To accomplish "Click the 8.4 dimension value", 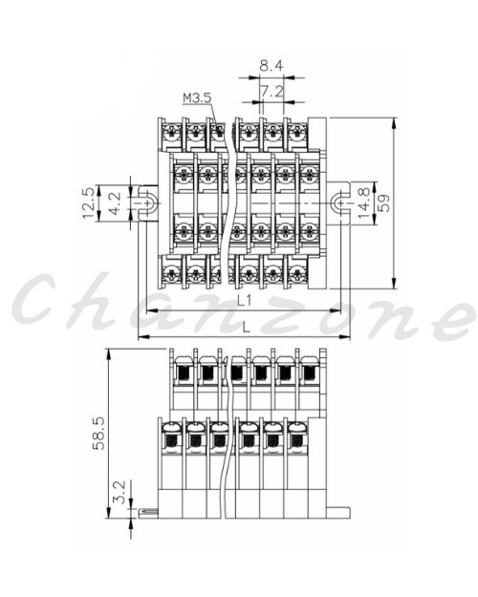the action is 272,66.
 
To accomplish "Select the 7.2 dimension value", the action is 272,92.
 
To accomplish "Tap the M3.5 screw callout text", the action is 197,97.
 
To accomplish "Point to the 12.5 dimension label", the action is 89,203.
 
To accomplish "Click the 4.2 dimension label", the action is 114,203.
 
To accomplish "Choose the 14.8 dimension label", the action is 363,203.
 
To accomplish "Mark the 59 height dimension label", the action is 384,203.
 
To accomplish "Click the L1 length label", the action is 245,301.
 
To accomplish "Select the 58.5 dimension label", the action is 98,433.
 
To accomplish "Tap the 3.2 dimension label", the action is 120,492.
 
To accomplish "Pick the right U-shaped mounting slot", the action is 338,203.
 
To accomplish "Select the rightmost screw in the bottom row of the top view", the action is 297,273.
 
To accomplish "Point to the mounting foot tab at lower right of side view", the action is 338,513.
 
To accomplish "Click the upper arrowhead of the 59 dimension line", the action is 394,122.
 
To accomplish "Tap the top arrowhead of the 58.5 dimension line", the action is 109,353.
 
